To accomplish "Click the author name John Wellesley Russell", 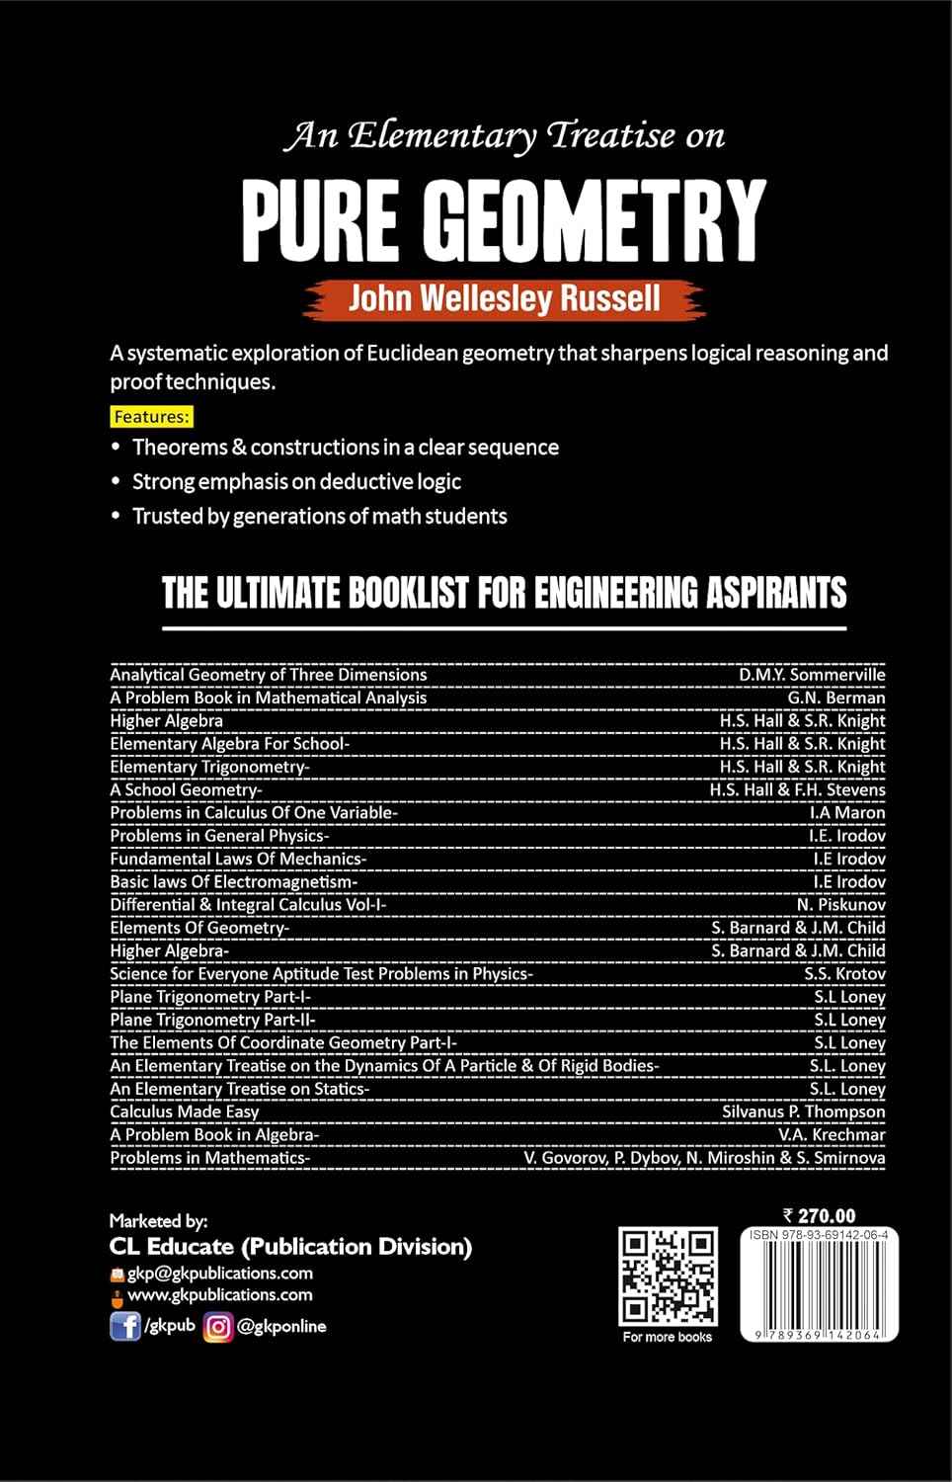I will [504, 298].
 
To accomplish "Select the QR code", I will [668, 1276].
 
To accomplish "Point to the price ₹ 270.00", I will [819, 1216].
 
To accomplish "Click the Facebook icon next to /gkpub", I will [124, 1326].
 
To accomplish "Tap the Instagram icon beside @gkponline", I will [218, 1326].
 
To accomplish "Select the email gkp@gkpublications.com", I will [219, 1273].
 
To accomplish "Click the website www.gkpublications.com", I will [219, 1294].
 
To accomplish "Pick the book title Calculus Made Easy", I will [185, 1111].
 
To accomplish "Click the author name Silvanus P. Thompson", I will [803, 1111].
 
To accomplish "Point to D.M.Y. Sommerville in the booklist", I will [812, 675].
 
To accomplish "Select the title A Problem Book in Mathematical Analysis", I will [269, 698].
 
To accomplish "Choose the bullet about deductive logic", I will [296, 481].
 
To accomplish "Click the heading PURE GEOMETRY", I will [504, 219].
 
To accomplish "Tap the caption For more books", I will [668, 1337].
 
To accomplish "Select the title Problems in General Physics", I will [219, 835].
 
